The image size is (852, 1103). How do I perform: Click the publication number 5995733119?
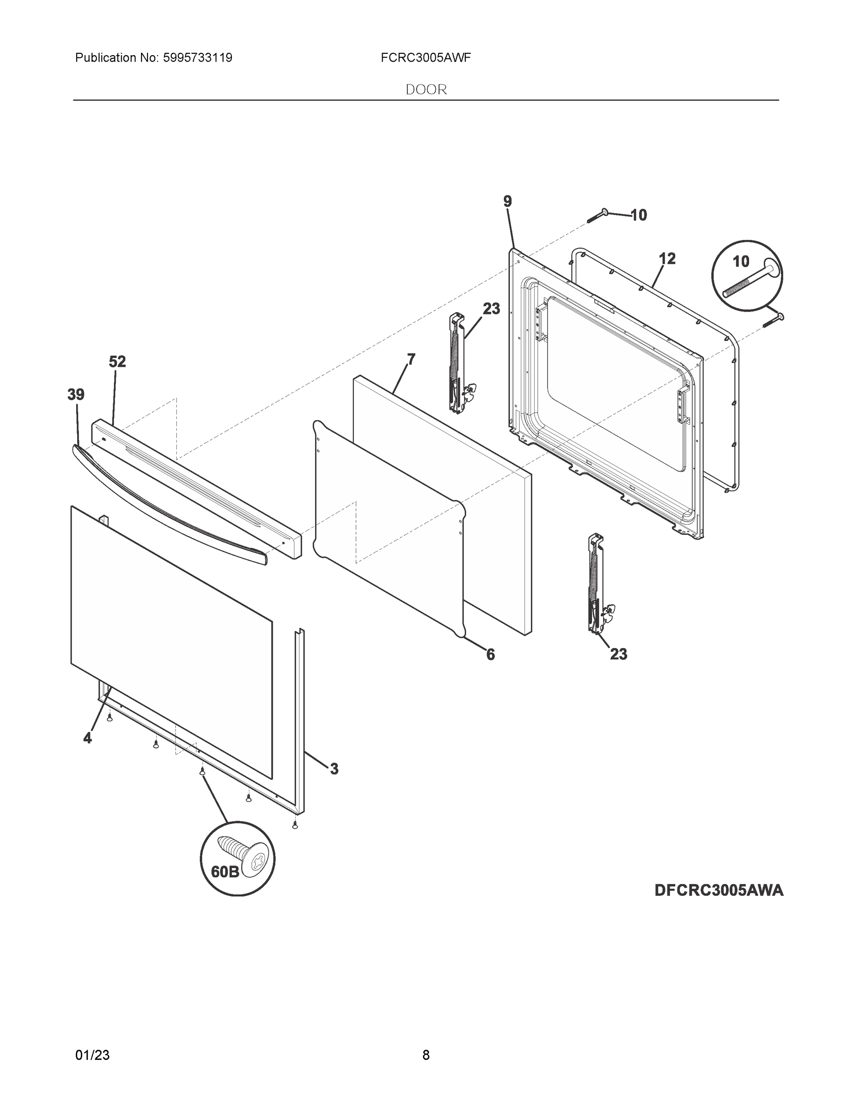tap(197, 58)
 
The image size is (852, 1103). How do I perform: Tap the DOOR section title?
tap(426, 90)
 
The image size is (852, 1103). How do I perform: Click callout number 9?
tap(507, 201)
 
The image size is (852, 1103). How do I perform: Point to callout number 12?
tap(667, 259)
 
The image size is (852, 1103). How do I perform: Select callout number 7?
tap(412, 359)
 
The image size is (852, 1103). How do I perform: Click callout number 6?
tap(490, 654)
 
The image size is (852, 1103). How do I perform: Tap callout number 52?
tap(117, 362)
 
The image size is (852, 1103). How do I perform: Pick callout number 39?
tap(76, 394)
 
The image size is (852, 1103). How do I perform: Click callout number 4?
tap(88, 739)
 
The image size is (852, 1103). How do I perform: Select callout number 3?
tap(333, 769)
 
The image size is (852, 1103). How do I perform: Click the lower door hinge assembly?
tap(598, 583)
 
